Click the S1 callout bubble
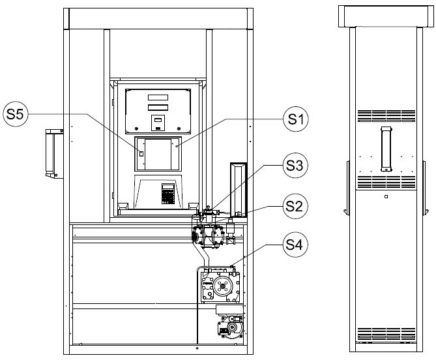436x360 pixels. (x=296, y=119)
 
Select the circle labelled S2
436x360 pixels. (x=296, y=206)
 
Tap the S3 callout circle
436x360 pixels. (x=296, y=165)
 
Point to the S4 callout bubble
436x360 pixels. (x=296, y=245)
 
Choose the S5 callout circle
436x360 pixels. (x=16, y=113)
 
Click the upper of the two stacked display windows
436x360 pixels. (x=158, y=97)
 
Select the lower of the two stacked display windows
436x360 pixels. (x=158, y=108)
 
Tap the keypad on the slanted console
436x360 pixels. (x=167, y=194)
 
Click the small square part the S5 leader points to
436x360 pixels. (x=141, y=153)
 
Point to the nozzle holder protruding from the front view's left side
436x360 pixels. (x=54, y=153)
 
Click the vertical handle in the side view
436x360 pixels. (x=386, y=149)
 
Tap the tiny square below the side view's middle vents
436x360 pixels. (x=386, y=197)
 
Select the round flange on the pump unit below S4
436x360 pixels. (x=222, y=286)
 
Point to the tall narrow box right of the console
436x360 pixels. (x=239, y=190)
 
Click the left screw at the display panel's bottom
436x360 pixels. (x=136, y=128)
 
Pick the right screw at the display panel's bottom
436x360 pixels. (x=179, y=128)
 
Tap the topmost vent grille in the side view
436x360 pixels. (x=386, y=115)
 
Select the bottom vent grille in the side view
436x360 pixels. (x=386, y=334)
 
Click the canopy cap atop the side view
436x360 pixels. (x=386, y=16)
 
